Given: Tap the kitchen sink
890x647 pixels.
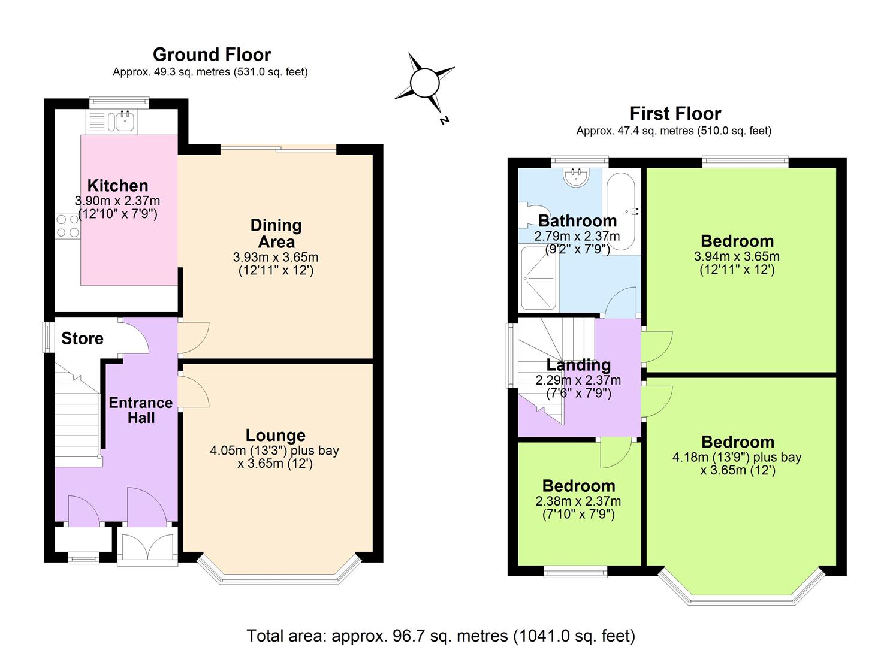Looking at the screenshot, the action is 123,122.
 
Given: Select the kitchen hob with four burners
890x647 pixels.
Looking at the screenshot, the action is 67,226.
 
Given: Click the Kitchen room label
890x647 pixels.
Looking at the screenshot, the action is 117,186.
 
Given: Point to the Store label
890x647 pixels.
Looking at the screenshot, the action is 82,338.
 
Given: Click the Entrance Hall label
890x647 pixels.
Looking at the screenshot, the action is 141,410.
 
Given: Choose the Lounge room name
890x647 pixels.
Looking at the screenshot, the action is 275,436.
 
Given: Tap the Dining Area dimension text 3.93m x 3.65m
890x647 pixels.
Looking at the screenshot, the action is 276,258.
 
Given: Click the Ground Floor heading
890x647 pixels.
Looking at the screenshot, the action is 212,55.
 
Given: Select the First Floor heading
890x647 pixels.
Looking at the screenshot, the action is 675,113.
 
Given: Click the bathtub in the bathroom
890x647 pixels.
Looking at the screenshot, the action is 620,211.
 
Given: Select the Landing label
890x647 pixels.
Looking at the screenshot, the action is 578,365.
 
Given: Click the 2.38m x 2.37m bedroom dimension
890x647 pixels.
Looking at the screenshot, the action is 578,501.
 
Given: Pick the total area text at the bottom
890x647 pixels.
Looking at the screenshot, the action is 441,635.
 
